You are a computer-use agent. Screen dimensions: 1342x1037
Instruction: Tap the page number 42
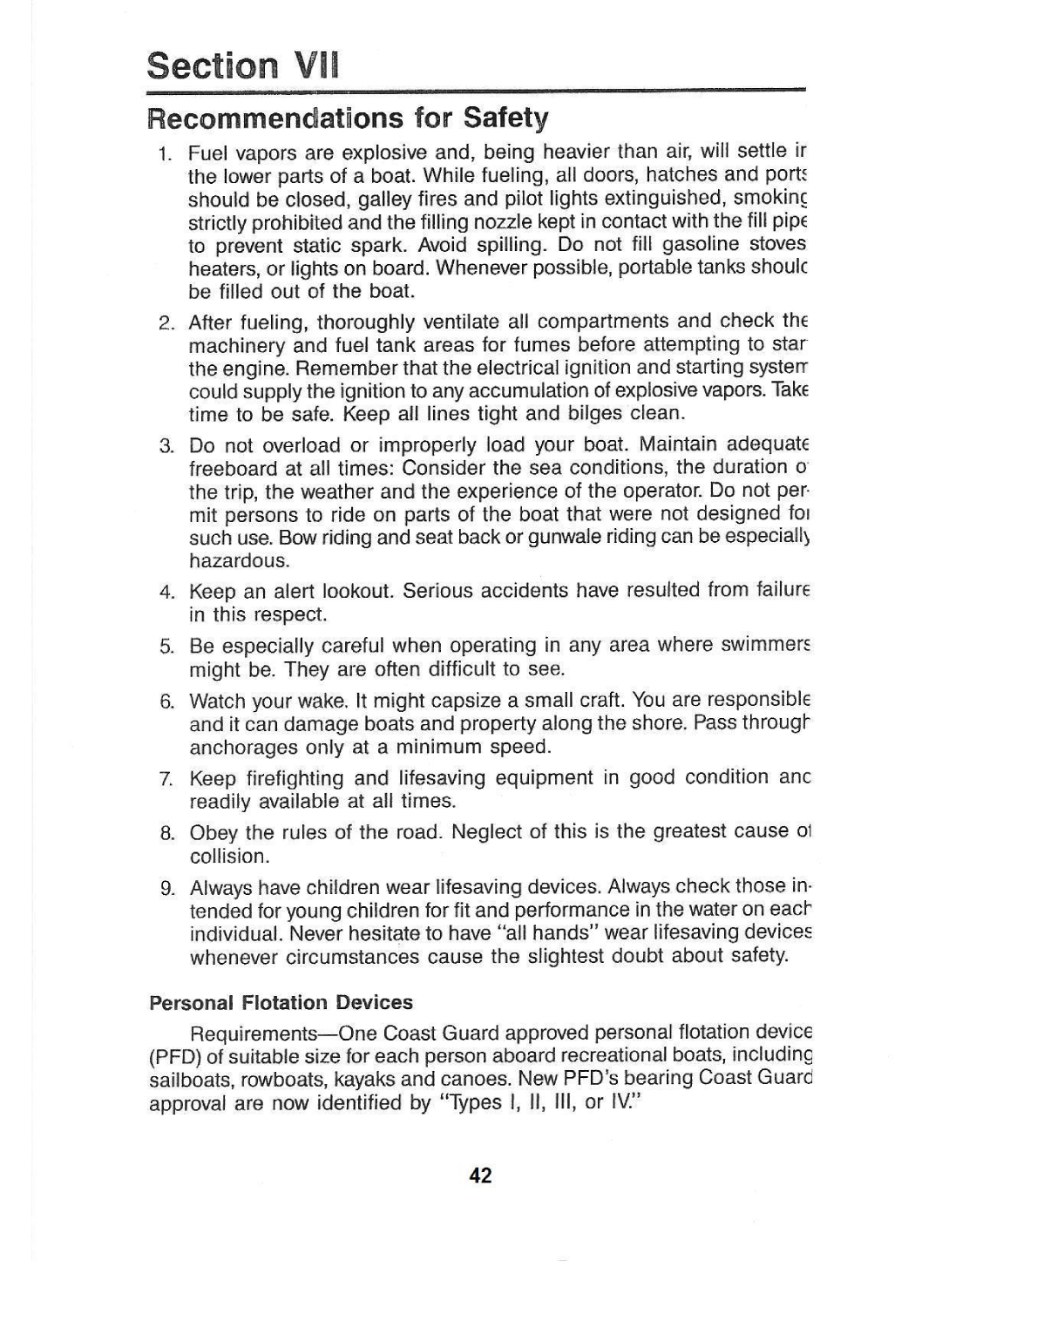pyautogui.click(x=480, y=1176)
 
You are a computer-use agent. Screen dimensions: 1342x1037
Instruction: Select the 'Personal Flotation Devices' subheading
pyautogui.click(x=281, y=1002)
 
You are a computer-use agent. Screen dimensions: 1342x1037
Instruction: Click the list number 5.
pyautogui.click(x=166, y=647)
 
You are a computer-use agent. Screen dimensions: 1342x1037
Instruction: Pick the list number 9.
pyautogui.click(x=166, y=889)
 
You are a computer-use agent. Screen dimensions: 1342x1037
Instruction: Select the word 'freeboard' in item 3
pyautogui.click(x=233, y=468)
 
